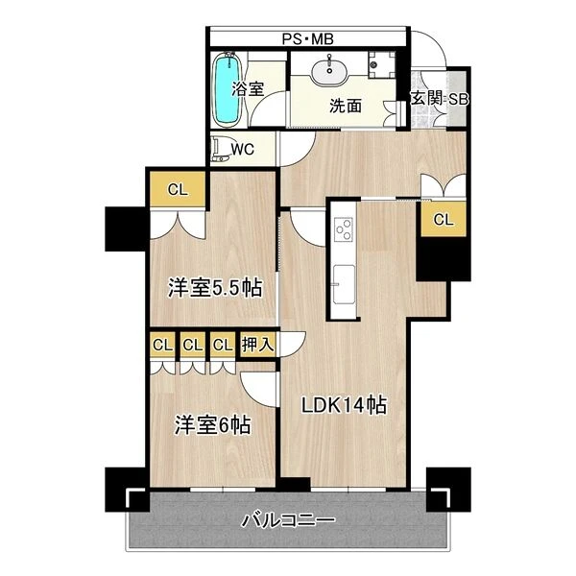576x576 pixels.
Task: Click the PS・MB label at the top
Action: [x=307, y=39]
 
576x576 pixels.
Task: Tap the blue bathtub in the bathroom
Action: [x=228, y=89]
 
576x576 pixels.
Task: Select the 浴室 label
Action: [x=248, y=88]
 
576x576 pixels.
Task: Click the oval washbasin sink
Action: [x=329, y=71]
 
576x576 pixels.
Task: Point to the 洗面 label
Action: [x=346, y=106]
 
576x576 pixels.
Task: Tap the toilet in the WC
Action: [x=221, y=149]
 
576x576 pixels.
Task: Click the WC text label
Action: [x=243, y=150]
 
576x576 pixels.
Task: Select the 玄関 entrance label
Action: [x=426, y=98]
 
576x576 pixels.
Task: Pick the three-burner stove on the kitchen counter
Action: [x=344, y=228]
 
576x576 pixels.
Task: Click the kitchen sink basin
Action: [x=344, y=285]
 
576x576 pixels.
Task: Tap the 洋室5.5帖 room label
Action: [x=215, y=288]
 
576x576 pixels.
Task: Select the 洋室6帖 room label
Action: [x=213, y=424]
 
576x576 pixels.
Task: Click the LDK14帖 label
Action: [x=344, y=405]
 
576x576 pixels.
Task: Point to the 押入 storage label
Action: [x=258, y=345]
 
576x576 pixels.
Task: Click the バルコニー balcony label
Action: [x=288, y=520]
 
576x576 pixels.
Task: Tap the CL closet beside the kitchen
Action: [x=444, y=220]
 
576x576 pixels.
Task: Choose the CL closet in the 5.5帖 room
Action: [x=178, y=189]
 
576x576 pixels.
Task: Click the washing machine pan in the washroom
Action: [x=381, y=64]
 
